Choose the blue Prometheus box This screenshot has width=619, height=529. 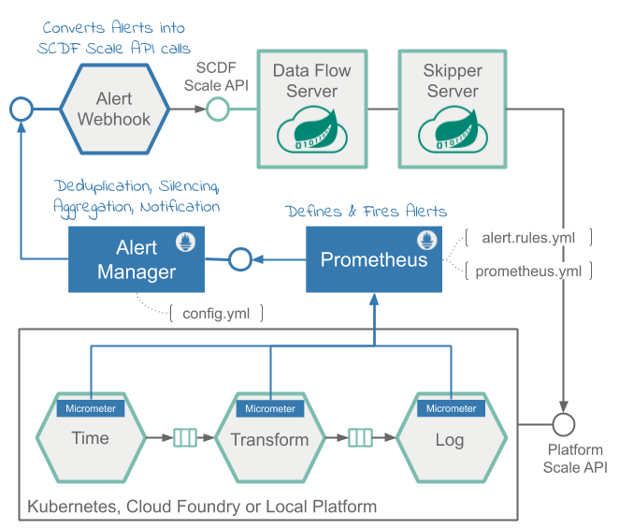pos(373,259)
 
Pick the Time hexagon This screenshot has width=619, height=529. pos(90,439)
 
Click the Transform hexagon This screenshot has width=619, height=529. pos(269,440)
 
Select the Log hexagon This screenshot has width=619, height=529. pos(451,439)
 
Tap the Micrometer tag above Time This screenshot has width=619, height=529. pos(90,408)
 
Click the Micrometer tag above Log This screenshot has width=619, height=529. pos(451,408)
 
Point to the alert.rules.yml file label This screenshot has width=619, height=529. pos(529,238)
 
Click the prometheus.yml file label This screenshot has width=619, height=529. pos(529,272)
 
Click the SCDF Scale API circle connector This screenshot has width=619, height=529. pos(217,110)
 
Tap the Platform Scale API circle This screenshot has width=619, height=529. pos(564,424)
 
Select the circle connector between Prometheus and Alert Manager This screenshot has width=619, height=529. pos(239,259)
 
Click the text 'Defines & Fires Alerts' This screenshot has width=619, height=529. pos(366,211)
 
